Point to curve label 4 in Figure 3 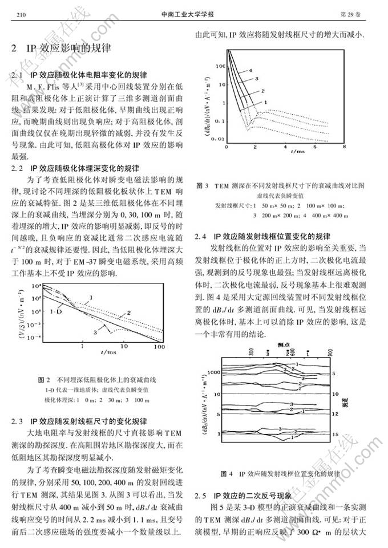[250, 71]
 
